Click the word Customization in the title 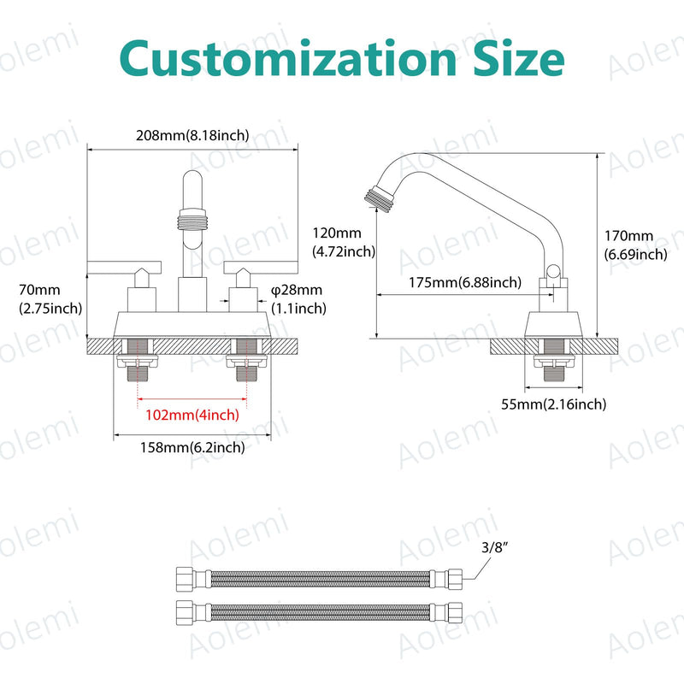point(288,58)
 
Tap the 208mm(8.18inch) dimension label point(192,135)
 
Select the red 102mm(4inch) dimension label point(192,415)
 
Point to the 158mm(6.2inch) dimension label point(192,447)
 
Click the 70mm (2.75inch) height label point(50,299)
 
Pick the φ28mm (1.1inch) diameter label point(298,299)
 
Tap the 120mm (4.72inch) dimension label point(344,243)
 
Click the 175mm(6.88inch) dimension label point(465,283)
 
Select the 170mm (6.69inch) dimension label point(635,245)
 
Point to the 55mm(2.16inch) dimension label point(553,404)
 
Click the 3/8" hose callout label point(495,547)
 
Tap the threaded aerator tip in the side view point(380,199)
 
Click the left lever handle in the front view point(124,268)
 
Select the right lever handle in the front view point(261,268)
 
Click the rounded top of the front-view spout point(192,177)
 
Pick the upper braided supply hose point(319,580)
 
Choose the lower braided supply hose point(319,613)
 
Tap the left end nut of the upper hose point(185,580)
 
